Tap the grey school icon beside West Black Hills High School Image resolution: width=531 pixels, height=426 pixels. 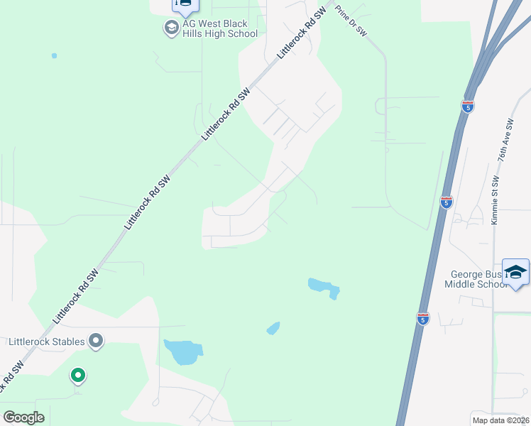click(x=171, y=28)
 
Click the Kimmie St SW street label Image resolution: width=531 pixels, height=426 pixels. click(x=495, y=200)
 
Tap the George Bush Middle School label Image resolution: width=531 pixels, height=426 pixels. click(x=476, y=279)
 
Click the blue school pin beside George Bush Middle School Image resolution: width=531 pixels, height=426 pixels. click(x=516, y=273)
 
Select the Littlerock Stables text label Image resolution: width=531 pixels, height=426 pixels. click(x=47, y=342)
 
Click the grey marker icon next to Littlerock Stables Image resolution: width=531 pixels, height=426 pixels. click(x=97, y=342)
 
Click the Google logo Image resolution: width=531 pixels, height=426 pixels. click(x=23, y=417)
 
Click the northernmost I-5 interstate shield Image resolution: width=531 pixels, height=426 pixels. click(x=467, y=106)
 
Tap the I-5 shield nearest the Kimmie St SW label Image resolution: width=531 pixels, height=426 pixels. click(x=446, y=202)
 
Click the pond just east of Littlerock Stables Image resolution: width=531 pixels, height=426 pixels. click(x=183, y=351)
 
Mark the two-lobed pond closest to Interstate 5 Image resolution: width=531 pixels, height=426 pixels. click(x=324, y=288)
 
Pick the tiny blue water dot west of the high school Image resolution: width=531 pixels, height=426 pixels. click(x=55, y=55)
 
